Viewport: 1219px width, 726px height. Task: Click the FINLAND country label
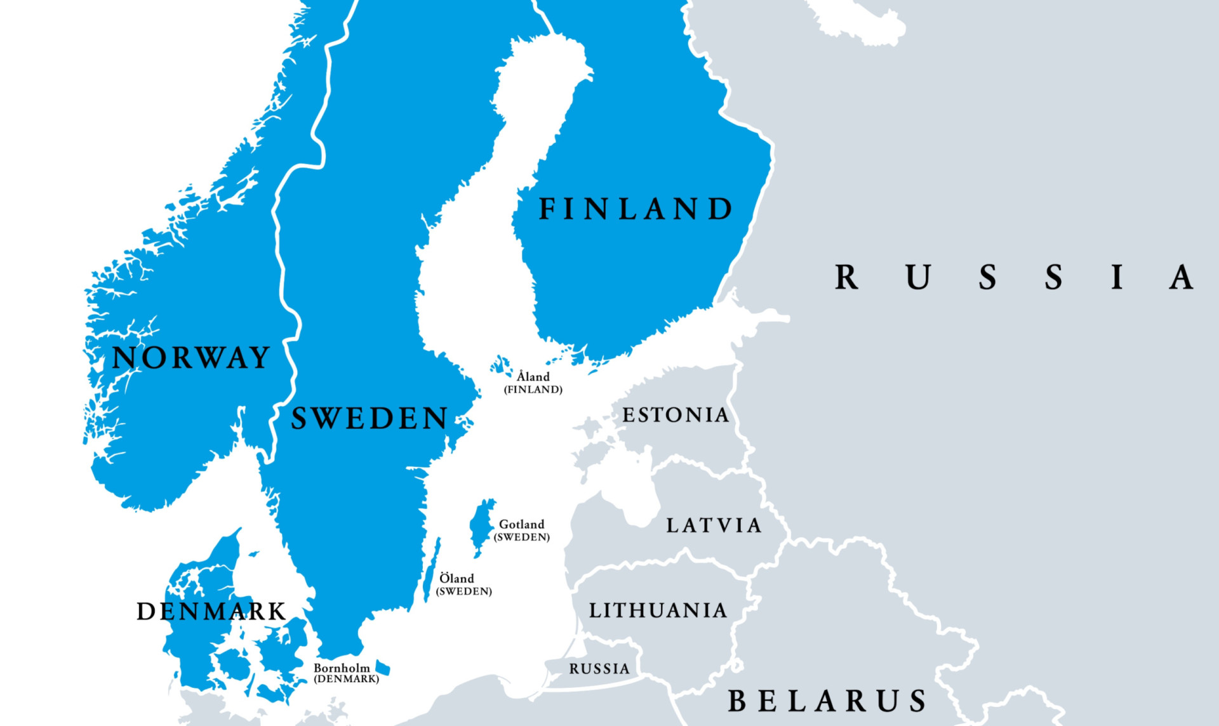(x=635, y=209)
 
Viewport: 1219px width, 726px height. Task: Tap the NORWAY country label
(x=191, y=358)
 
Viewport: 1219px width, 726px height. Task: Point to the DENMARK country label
(x=211, y=612)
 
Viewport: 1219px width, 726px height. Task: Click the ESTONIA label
(x=676, y=415)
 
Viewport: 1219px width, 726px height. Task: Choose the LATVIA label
(x=714, y=525)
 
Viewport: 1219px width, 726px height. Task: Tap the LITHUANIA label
(x=658, y=610)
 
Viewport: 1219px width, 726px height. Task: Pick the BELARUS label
(x=827, y=701)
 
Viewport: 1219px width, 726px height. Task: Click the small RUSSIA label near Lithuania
(x=599, y=669)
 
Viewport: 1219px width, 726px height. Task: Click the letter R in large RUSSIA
(x=846, y=277)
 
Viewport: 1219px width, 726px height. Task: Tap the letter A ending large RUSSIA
(x=1182, y=277)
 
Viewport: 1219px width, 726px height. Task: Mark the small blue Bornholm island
(x=383, y=668)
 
